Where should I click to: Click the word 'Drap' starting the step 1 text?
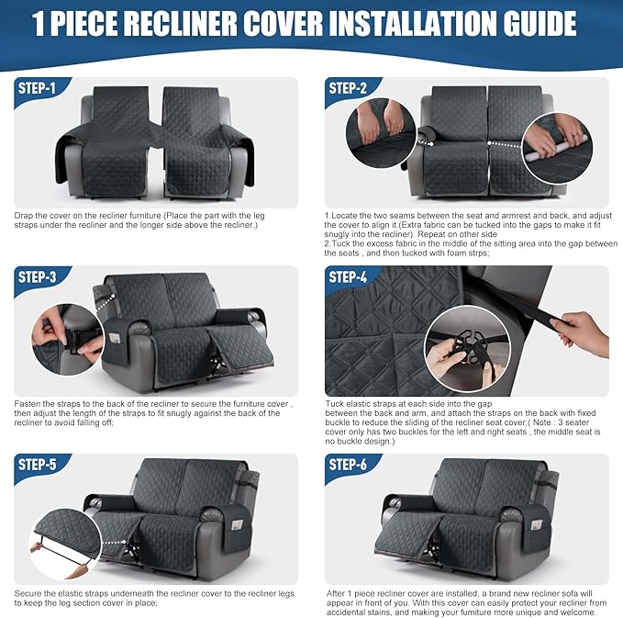coord(25,215)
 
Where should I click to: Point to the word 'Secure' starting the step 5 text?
coord(30,592)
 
